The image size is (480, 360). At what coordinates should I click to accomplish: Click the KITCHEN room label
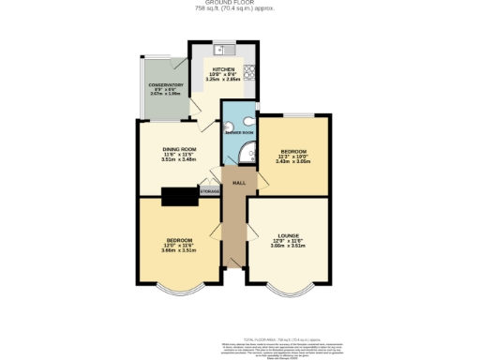[222, 69]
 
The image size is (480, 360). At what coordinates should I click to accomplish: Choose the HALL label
[239, 182]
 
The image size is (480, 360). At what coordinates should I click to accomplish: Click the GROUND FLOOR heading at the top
[240, 4]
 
